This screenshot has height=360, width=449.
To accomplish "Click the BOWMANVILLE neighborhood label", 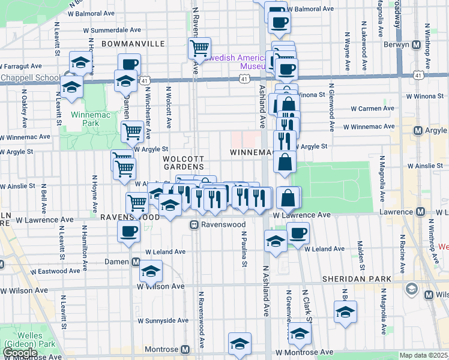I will click(x=133, y=44).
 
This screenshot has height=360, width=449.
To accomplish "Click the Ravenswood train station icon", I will click(x=194, y=225).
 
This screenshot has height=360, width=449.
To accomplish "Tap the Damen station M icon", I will click(x=136, y=262).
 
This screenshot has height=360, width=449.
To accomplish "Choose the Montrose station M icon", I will click(x=185, y=349).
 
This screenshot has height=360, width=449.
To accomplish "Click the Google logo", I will click(x=20, y=353).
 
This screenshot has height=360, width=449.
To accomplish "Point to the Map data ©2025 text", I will click(x=424, y=356).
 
